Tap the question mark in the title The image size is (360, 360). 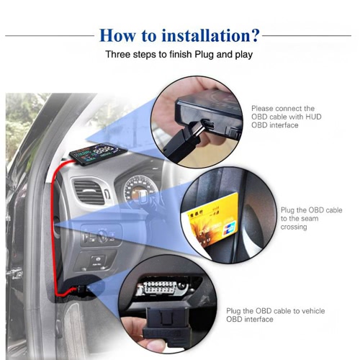point(253,35)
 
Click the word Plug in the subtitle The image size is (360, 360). point(204,55)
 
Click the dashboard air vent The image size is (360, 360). point(89,192)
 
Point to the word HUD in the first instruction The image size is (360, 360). point(313,117)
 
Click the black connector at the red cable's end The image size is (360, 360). point(82,290)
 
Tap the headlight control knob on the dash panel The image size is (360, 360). point(103,236)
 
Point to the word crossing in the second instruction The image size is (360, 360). point(294,227)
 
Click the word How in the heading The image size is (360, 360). point(117,35)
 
